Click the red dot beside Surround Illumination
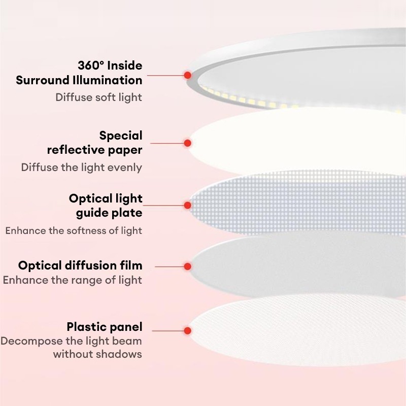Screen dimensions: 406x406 click(x=187, y=75)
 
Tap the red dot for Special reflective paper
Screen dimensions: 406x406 click(x=187, y=143)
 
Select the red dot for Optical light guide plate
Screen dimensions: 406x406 click(x=187, y=205)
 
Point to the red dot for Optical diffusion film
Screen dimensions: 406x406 click(x=187, y=266)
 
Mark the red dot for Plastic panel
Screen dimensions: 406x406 click(x=187, y=330)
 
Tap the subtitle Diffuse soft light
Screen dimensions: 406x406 click(x=98, y=97)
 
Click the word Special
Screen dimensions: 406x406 click(x=121, y=136)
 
